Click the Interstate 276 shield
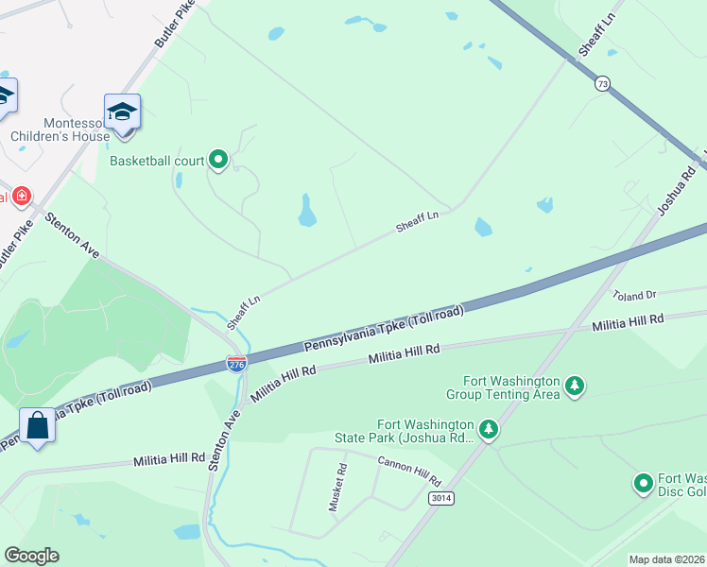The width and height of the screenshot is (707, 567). pos(236,364)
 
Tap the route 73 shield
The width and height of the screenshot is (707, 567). pos(602,84)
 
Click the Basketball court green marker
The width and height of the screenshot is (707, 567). pos(219,160)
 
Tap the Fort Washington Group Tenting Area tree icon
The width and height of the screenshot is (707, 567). pos(574,386)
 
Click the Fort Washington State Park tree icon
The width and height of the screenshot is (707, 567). pos(488,430)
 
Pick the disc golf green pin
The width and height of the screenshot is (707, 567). pos(643,484)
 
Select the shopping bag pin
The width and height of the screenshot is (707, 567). pos(38,426)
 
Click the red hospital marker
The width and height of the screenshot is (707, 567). pos(21,197)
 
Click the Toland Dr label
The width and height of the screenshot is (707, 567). pos(633,295)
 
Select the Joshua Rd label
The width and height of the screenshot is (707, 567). pos(677,190)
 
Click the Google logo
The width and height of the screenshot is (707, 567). pos(31,556)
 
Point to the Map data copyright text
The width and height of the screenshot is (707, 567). pos(667,559)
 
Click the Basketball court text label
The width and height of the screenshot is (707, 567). pos(157,161)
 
